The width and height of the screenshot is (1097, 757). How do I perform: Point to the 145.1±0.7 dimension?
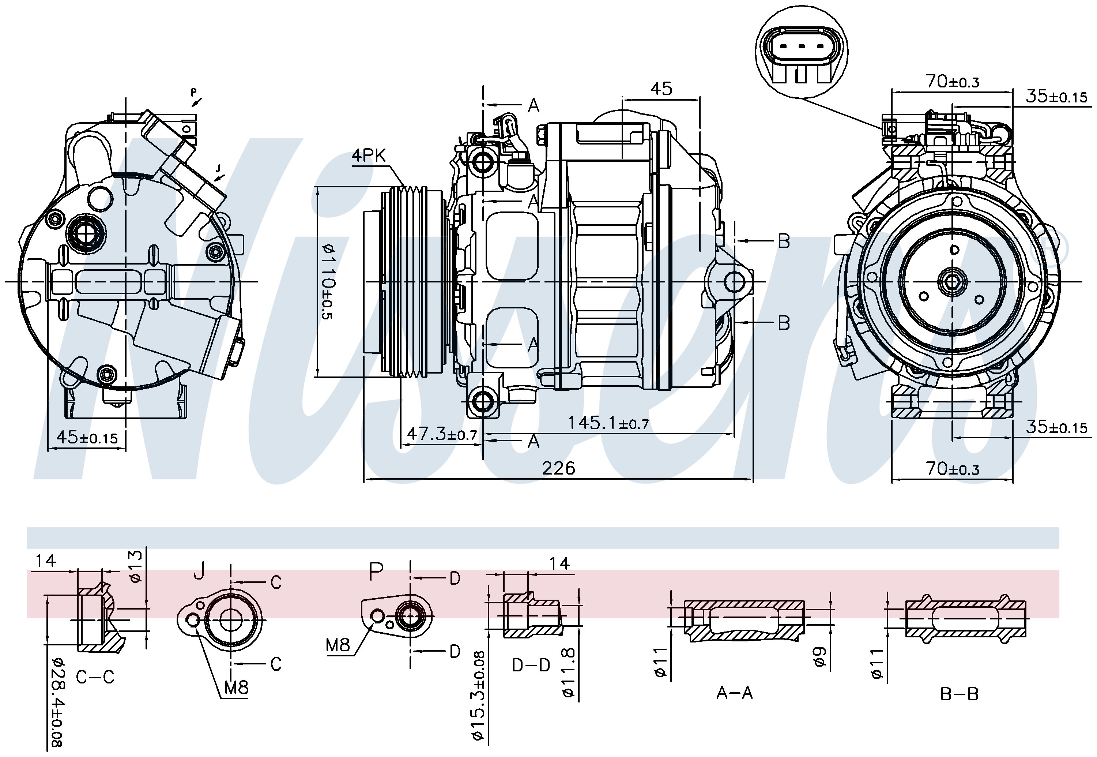coord(608,423)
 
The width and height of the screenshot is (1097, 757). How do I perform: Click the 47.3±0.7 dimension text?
coord(441,434)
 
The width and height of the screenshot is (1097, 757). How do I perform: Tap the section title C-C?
coord(95,677)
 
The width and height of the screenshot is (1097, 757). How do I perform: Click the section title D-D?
coord(531,665)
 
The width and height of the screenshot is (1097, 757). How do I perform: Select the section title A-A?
coord(734,693)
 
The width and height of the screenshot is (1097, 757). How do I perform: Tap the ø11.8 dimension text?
coord(569,673)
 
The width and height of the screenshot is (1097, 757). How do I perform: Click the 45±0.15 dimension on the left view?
coord(87,437)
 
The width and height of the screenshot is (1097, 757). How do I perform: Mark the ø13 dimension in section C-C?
coord(135,566)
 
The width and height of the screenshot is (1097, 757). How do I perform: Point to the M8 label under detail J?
coord(236,687)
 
